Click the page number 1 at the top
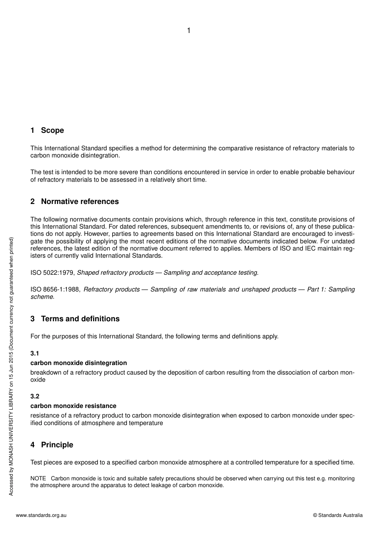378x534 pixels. pos(189,31)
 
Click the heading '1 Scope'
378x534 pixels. pos(47,130)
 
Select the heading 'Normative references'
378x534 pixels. pos(80,202)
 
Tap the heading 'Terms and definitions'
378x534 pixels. pos(80,319)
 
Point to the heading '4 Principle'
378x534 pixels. pos(52,445)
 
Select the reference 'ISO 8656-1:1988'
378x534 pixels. pos(55,289)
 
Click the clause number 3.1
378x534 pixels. pos(35,353)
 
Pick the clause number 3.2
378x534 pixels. pos(35,396)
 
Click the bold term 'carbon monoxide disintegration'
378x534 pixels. pos(79,363)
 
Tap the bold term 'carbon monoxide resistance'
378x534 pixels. pos(74,406)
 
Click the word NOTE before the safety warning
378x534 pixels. pos(38,479)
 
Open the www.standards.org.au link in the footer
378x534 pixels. pos(41,515)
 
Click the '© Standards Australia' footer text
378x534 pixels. pos(338,515)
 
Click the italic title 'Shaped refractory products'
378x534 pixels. pos(115,273)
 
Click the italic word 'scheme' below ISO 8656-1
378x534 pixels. pos(42,297)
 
